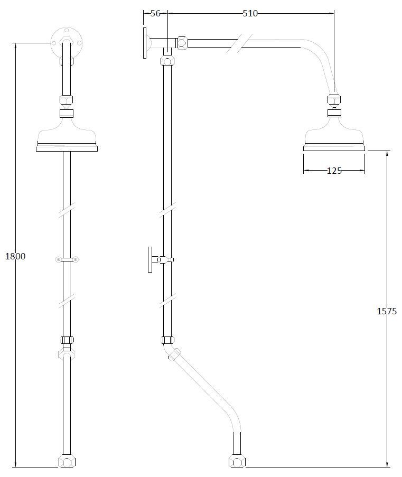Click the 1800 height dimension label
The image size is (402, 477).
[x=15, y=256]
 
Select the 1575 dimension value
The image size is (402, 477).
[x=387, y=311]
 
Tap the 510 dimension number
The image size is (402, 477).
[x=250, y=13]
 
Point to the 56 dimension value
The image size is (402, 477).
[x=155, y=13]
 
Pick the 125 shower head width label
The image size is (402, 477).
[x=334, y=171]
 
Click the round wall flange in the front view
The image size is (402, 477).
[x=67, y=43]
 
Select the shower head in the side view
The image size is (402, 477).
[x=334, y=134]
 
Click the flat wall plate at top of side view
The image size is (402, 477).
[x=145, y=43]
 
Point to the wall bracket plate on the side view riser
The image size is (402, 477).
[x=149, y=259]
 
